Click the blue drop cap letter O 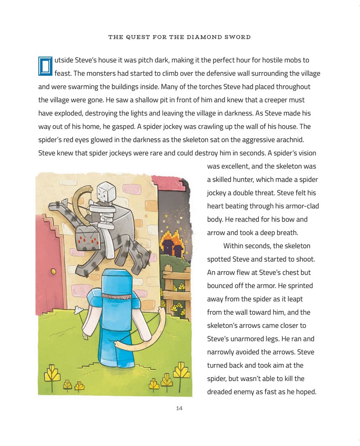[45, 66]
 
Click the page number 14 [180, 408]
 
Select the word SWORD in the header [239, 37]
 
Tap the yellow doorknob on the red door [53, 271]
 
